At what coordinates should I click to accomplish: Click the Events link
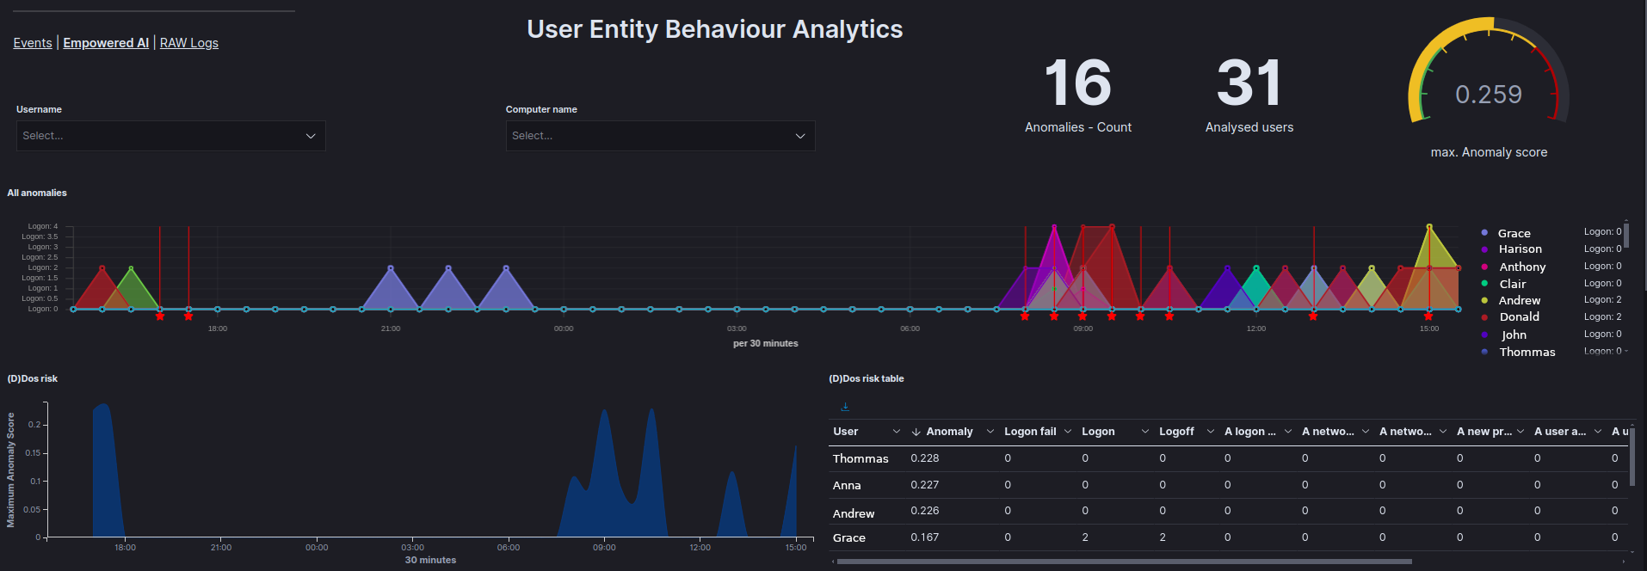[x=33, y=43]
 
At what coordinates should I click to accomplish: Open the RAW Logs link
[x=188, y=43]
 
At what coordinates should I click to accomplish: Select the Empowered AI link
[x=106, y=43]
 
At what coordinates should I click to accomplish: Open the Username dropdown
[x=170, y=136]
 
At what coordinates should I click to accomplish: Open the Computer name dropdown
[x=660, y=136]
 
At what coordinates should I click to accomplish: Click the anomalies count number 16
[x=1077, y=83]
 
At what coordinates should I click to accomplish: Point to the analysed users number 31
[x=1249, y=83]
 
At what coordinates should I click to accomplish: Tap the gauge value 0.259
[x=1488, y=95]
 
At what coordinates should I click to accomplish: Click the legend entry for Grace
[x=1514, y=233]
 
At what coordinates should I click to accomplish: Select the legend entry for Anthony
[x=1521, y=267]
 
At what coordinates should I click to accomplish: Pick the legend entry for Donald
[x=1519, y=316]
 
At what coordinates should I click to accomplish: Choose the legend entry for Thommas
[x=1527, y=352]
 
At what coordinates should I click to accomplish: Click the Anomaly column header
[x=948, y=432]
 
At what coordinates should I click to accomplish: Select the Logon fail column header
[x=1029, y=432]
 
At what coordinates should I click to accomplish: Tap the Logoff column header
[x=1176, y=432]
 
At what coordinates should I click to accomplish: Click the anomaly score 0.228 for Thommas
[x=925, y=458]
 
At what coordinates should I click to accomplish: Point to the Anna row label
[x=847, y=486]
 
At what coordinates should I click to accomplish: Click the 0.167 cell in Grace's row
[x=925, y=537]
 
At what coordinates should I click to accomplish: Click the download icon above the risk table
[x=845, y=407]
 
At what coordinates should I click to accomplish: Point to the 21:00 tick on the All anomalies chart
[x=391, y=328]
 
